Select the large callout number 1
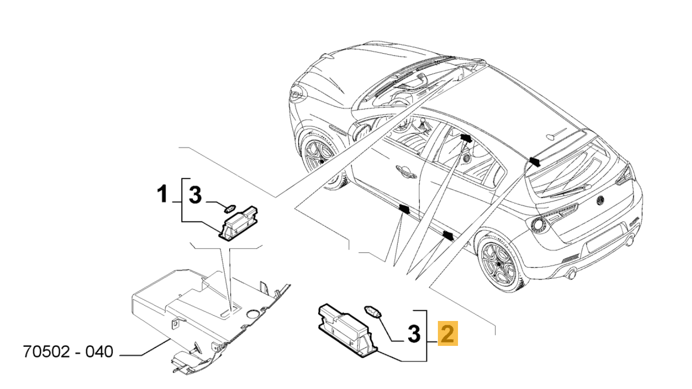[x=163, y=195]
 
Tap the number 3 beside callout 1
[x=195, y=195]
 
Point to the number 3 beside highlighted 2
[x=413, y=334]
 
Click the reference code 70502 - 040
[x=68, y=352]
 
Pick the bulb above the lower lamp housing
[x=373, y=312]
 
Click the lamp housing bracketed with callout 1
[x=238, y=223]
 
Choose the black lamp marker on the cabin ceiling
[x=466, y=138]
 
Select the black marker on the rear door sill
[x=447, y=235]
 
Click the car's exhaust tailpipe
[x=571, y=275]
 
